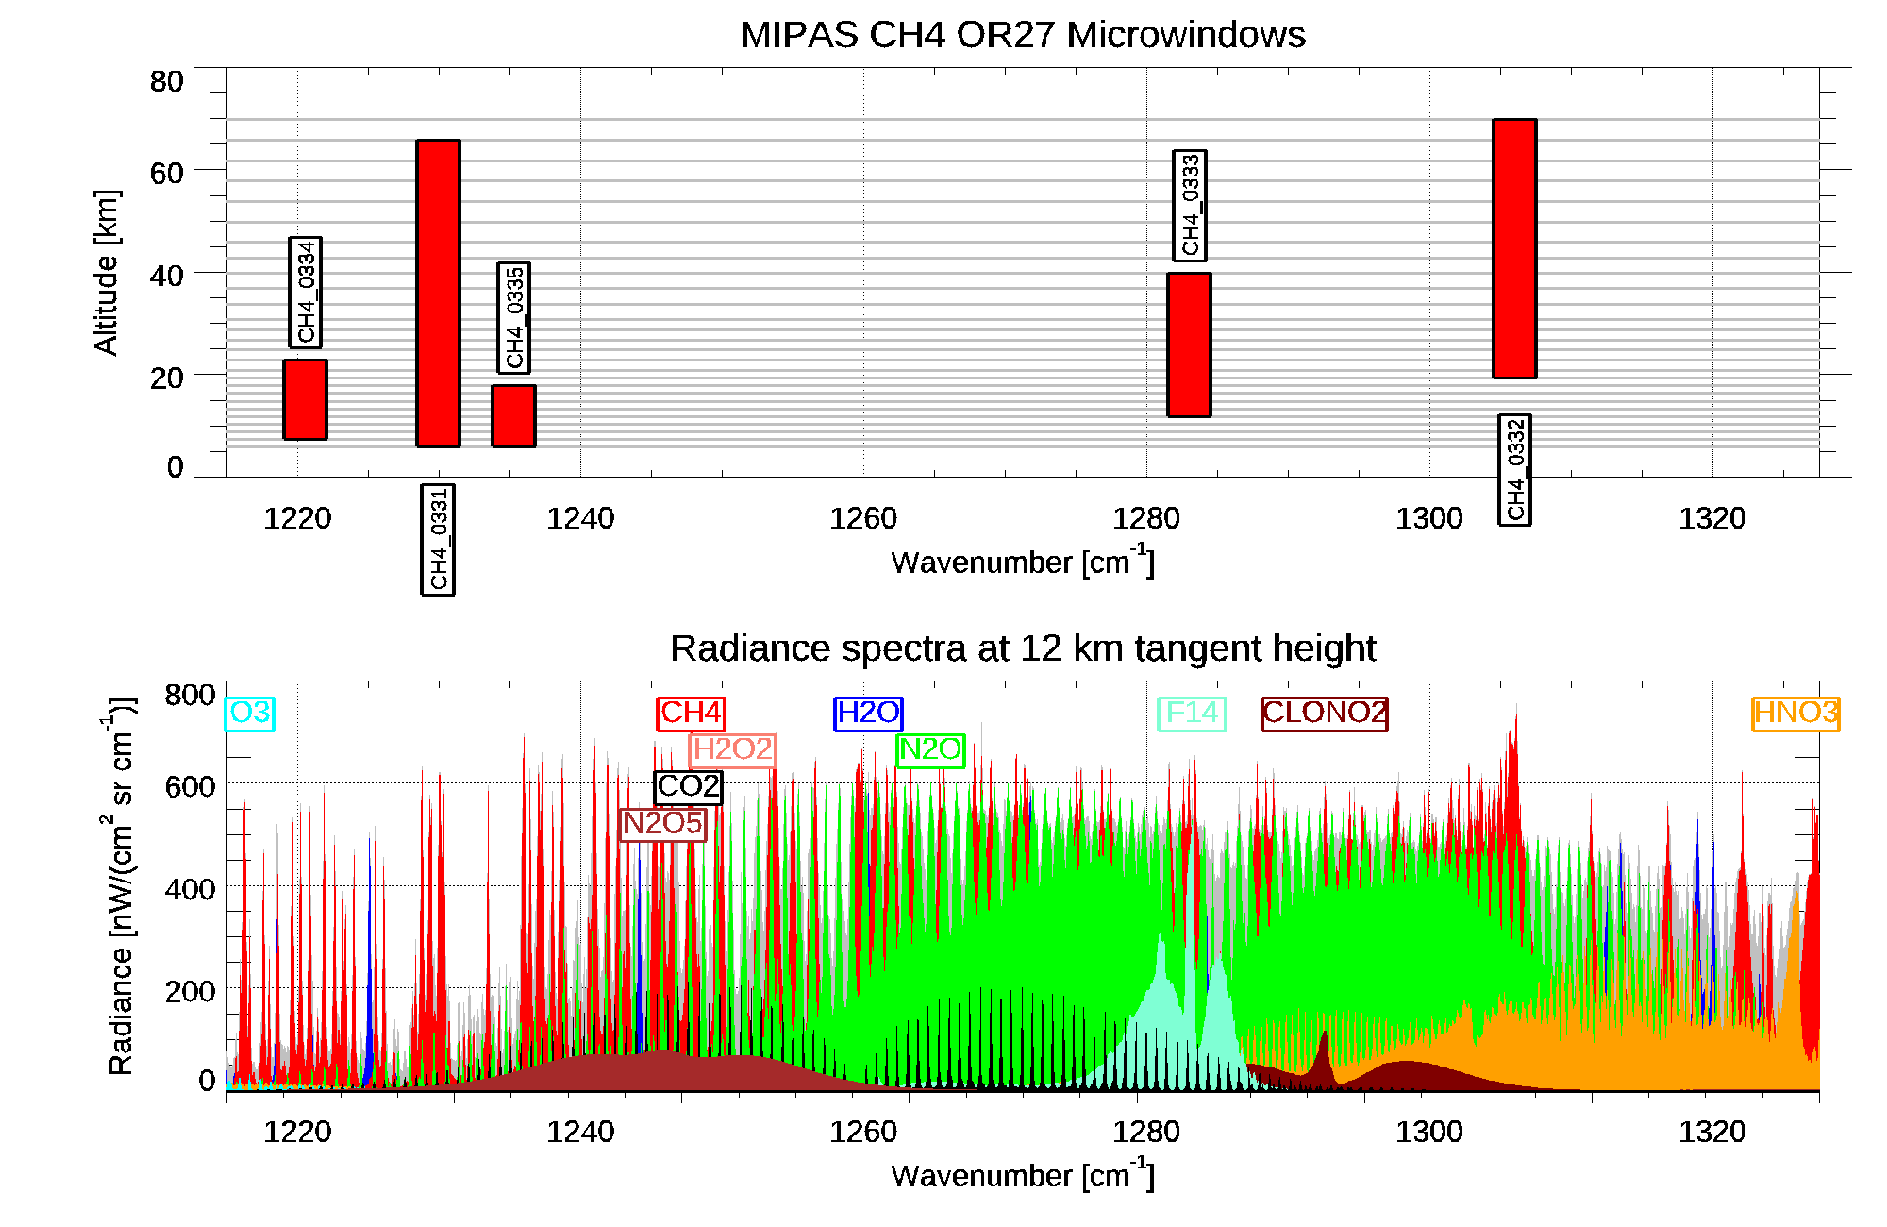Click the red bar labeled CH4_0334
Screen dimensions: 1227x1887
[305, 399]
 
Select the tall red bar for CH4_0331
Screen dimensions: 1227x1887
[438, 293]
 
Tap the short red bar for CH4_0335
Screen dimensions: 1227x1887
[513, 415]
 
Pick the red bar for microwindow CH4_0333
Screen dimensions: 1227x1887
[1189, 345]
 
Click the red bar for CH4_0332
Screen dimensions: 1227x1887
[1514, 248]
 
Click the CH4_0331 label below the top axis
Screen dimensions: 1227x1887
[438, 540]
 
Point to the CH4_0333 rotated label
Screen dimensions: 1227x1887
[1190, 206]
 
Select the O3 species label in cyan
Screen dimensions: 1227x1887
[250, 713]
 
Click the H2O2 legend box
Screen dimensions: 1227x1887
[733, 749]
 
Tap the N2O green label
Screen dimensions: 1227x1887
[930, 749]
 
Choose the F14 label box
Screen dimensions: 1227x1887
[1192, 713]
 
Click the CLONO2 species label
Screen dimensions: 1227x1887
[1325, 713]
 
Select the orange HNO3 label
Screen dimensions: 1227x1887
[1795, 713]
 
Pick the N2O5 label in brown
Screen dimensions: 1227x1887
[662, 823]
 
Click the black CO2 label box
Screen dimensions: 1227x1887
[688, 786]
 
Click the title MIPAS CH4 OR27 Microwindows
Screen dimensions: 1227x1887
[1022, 35]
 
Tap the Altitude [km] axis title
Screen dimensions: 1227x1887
[107, 272]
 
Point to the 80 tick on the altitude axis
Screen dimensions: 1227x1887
[166, 82]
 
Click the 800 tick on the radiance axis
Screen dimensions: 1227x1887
[190, 696]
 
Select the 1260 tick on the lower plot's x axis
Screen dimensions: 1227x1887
[862, 1132]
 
